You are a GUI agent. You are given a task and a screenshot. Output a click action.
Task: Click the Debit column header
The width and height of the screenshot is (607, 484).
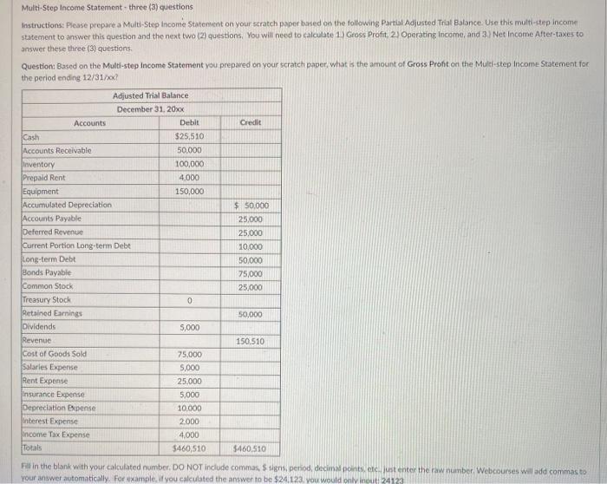(x=189, y=123)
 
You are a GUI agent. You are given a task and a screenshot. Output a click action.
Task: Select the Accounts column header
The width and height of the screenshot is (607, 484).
(x=89, y=123)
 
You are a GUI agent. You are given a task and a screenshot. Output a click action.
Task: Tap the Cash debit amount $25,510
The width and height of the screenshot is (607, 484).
(x=189, y=137)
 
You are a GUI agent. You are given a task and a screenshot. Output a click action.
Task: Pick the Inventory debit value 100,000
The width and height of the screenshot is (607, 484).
(x=189, y=164)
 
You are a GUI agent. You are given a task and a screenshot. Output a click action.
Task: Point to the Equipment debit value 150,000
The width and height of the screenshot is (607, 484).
(x=189, y=191)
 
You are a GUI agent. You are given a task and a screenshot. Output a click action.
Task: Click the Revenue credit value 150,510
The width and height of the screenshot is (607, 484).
(x=250, y=341)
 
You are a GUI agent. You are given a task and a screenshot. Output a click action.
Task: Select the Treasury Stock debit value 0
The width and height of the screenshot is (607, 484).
(x=189, y=300)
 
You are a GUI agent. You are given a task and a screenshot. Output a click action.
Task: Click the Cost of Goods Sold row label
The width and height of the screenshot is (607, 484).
(x=55, y=354)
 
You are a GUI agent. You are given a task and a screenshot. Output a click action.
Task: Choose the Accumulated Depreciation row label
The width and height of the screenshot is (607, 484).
(x=67, y=205)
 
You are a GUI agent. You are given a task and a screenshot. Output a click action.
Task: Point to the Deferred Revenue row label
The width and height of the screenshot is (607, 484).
(x=53, y=232)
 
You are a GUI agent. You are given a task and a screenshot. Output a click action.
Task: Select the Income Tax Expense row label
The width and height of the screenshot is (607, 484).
(x=55, y=435)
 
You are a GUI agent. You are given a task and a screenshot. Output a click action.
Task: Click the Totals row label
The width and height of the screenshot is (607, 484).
(x=32, y=448)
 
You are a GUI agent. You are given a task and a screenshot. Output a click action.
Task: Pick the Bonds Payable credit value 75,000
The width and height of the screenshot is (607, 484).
(x=251, y=273)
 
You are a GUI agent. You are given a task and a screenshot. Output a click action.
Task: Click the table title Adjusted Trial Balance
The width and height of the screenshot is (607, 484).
(x=150, y=95)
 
